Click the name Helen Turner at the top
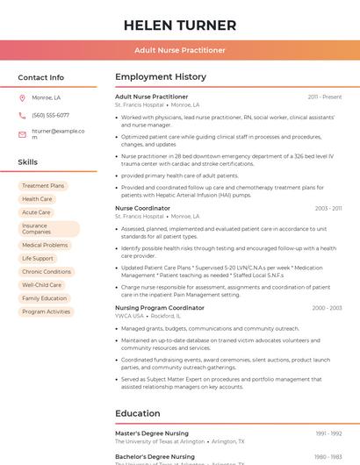point(179,25)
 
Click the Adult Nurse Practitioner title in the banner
point(179,50)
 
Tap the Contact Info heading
point(40,77)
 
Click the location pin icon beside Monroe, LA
point(22,97)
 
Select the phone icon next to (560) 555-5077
point(22,115)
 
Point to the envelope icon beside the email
point(22,134)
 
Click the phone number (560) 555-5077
point(50,115)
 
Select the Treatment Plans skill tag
point(43,186)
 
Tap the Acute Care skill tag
point(36,212)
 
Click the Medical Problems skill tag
point(45,246)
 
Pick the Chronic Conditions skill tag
point(47,272)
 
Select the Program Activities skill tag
point(46,311)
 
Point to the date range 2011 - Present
point(324,97)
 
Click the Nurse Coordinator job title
point(142,208)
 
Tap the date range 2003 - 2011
point(328,208)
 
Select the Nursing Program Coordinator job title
point(159,308)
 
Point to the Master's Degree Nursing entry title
point(151,433)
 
